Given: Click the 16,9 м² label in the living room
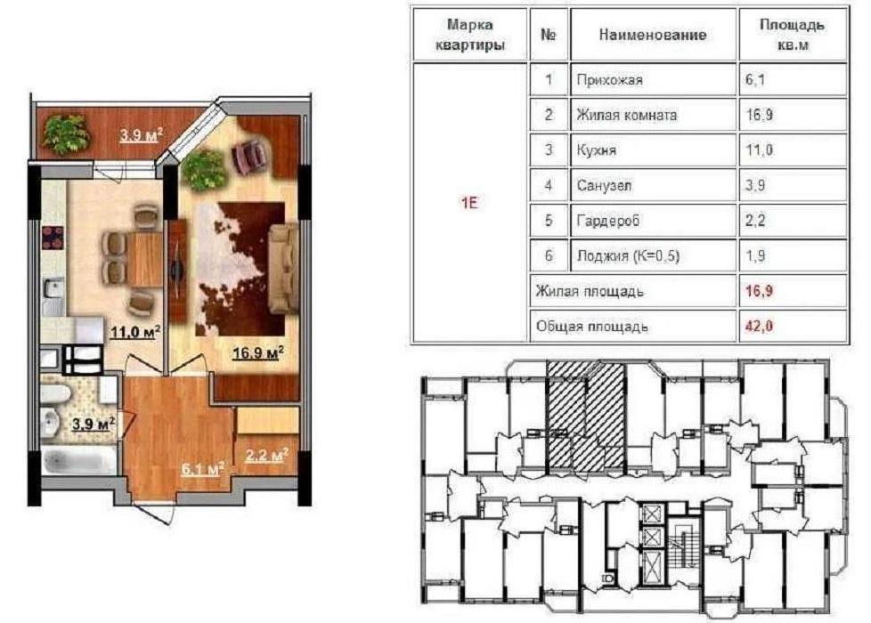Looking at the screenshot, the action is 258,352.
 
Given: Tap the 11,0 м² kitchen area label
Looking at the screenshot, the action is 135,332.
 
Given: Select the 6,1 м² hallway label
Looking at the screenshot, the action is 203,469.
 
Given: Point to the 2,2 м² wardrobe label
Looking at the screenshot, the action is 266,456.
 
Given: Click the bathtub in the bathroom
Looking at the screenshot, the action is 78,461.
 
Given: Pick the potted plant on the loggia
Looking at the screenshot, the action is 66,133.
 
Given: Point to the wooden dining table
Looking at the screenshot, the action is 145,259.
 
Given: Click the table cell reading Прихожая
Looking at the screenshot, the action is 654,80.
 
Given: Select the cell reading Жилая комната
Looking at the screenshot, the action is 654,115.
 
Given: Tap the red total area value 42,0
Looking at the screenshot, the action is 759,326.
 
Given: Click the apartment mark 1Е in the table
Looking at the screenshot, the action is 469,203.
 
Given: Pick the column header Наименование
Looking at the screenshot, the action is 653,35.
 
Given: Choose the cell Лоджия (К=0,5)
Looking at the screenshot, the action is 654,256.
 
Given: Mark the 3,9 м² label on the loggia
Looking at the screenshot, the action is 142,134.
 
